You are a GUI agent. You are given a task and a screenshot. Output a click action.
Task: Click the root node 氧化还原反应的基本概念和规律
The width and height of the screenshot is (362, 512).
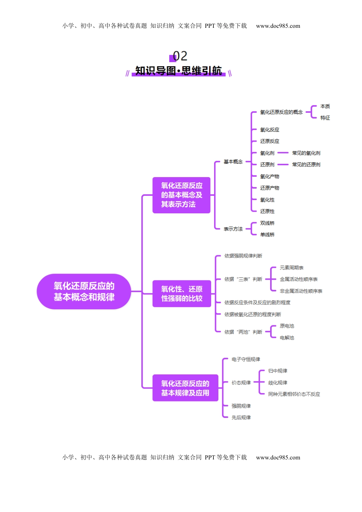(x=84, y=291)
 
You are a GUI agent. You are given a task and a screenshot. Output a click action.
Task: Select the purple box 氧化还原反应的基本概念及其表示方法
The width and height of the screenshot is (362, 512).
(x=181, y=195)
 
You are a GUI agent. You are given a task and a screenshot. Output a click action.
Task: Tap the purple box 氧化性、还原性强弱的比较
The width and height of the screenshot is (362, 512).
(x=181, y=294)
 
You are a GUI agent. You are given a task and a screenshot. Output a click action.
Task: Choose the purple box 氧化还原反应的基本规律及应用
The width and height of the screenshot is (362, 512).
(x=185, y=388)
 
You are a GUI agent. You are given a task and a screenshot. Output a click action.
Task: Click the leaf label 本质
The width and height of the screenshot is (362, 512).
(x=325, y=106)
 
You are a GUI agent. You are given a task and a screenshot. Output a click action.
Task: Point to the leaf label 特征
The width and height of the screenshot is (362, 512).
(x=325, y=118)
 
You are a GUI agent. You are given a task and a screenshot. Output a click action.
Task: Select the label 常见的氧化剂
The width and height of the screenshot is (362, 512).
(x=306, y=153)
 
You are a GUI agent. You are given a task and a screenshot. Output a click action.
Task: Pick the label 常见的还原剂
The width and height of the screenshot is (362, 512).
(x=306, y=165)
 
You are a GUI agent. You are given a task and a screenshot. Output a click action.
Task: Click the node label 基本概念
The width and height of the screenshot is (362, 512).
(x=233, y=162)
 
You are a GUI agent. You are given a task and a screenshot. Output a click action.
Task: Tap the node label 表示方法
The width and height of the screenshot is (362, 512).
(x=233, y=229)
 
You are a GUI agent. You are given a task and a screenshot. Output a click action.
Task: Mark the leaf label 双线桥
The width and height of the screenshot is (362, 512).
(x=267, y=223)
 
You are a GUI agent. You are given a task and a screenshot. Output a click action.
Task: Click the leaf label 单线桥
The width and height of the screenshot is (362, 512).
(x=267, y=235)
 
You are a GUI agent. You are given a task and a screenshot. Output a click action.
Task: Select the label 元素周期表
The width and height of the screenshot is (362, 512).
(x=292, y=268)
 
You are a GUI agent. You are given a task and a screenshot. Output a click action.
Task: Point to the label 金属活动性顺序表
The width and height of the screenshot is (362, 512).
(x=299, y=279)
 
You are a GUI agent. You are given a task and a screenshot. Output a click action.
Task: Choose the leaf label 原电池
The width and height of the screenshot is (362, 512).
(x=287, y=326)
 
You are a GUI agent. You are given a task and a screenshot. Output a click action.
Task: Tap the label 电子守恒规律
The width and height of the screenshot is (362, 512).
(x=246, y=359)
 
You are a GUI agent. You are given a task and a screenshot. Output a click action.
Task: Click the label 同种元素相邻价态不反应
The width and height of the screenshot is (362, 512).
(x=294, y=394)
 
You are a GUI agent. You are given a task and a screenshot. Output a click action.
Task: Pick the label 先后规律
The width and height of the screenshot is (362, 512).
(x=241, y=418)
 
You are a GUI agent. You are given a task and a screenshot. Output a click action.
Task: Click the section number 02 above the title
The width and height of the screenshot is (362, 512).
(x=180, y=56)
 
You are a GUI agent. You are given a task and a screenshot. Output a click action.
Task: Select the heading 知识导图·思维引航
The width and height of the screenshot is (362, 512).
(x=178, y=71)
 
